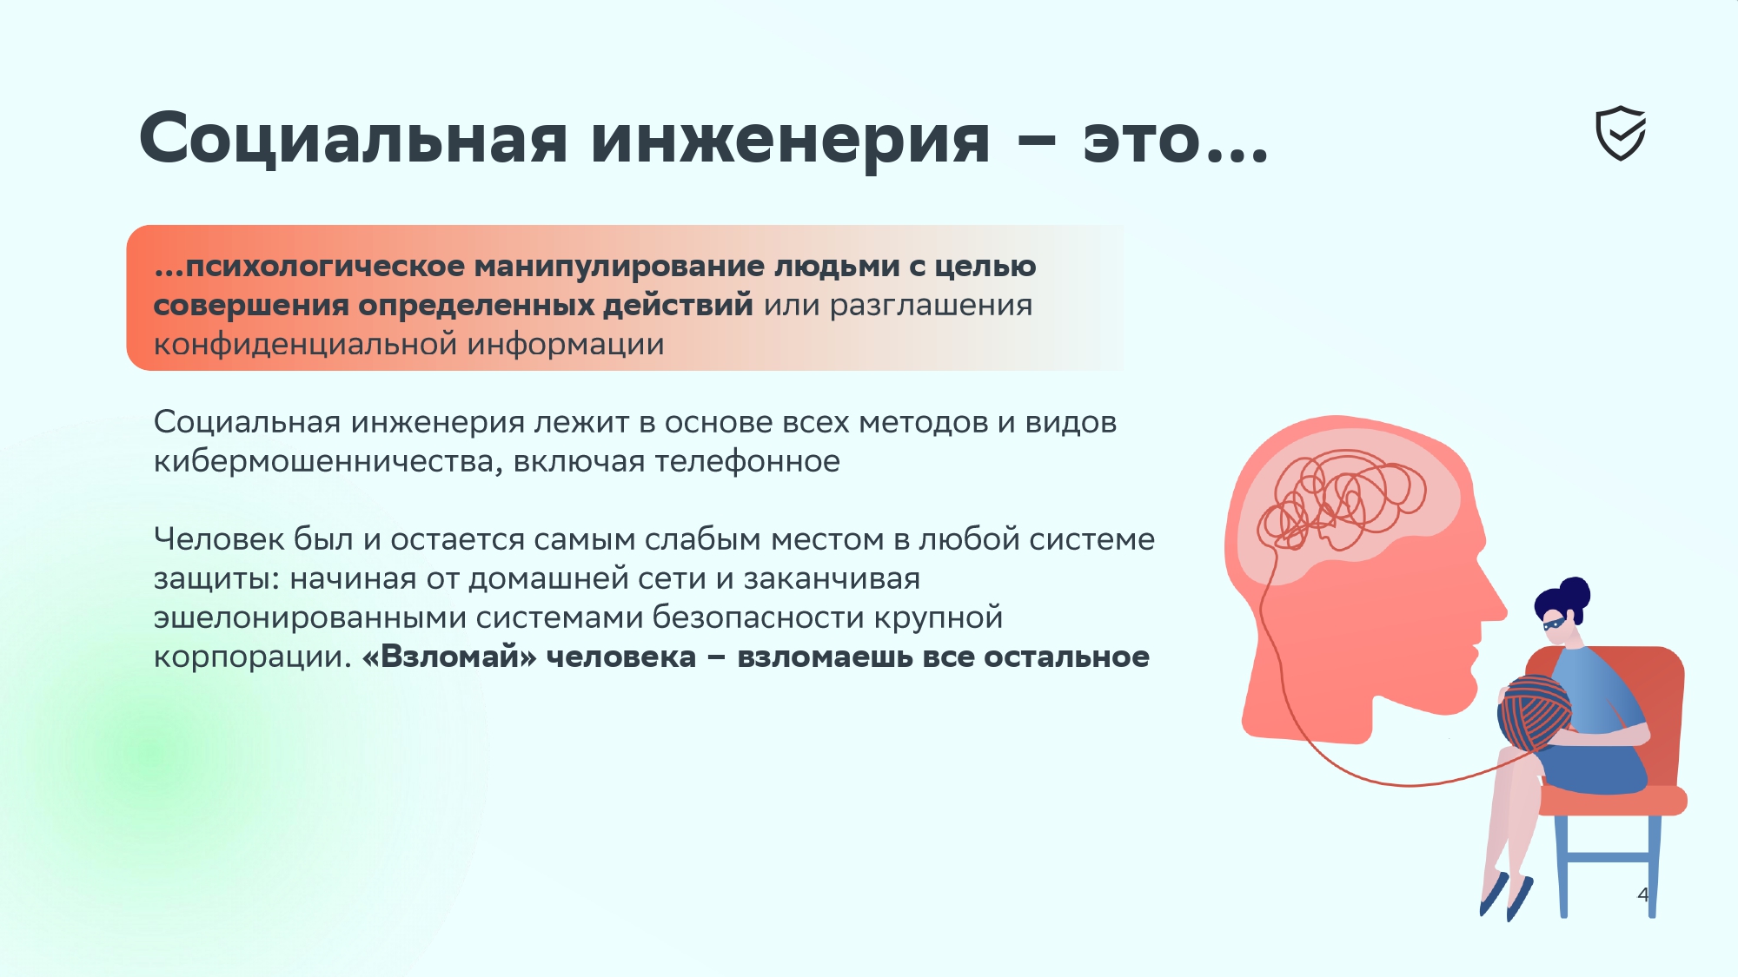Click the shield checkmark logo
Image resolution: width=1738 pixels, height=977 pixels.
pyautogui.click(x=1621, y=134)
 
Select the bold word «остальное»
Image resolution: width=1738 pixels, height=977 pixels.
pyautogui.click(x=1066, y=657)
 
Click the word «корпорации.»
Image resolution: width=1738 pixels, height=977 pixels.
pyautogui.click(x=253, y=657)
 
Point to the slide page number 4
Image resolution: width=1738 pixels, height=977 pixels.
pyautogui.click(x=1642, y=894)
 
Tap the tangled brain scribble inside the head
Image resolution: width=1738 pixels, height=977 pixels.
pyautogui.click(x=1343, y=500)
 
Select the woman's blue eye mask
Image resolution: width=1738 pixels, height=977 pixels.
pyautogui.click(x=1556, y=621)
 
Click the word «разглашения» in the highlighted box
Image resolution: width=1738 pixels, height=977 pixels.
pyautogui.click(x=931, y=307)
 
